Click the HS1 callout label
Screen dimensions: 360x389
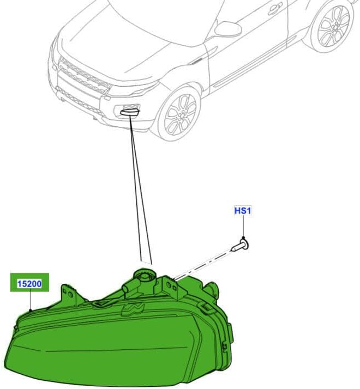click(x=243, y=211)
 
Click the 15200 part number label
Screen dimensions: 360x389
click(x=29, y=283)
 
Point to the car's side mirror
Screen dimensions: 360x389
click(x=228, y=28)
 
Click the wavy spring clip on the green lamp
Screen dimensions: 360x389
click(x=133, y=309)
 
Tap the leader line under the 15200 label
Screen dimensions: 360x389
click(x=30, y=301)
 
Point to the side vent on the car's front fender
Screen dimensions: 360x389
click(x=197, y=61)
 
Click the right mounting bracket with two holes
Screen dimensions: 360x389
click(x=171, y=288)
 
